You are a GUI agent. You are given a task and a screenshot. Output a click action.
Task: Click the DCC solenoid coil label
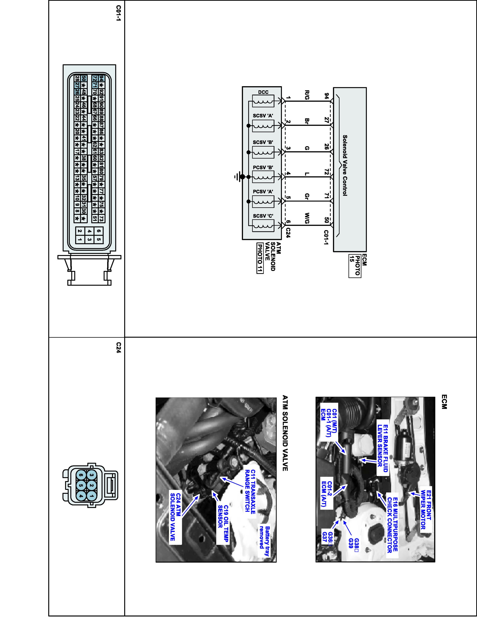click(263, 92)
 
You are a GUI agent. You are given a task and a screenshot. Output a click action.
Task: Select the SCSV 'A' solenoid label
click(263, 116)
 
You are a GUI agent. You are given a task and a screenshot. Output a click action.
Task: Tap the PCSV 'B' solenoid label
click(263, 168)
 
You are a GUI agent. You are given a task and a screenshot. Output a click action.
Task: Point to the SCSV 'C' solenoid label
click(263, 216)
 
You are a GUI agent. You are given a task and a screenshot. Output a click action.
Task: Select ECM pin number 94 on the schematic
click(326, 96)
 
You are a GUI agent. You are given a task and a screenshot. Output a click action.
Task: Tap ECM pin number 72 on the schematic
click(326, 172)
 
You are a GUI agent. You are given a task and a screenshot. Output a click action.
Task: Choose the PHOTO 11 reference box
click(260, 258)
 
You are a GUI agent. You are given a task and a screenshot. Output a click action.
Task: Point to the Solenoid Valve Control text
click(345, 165)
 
